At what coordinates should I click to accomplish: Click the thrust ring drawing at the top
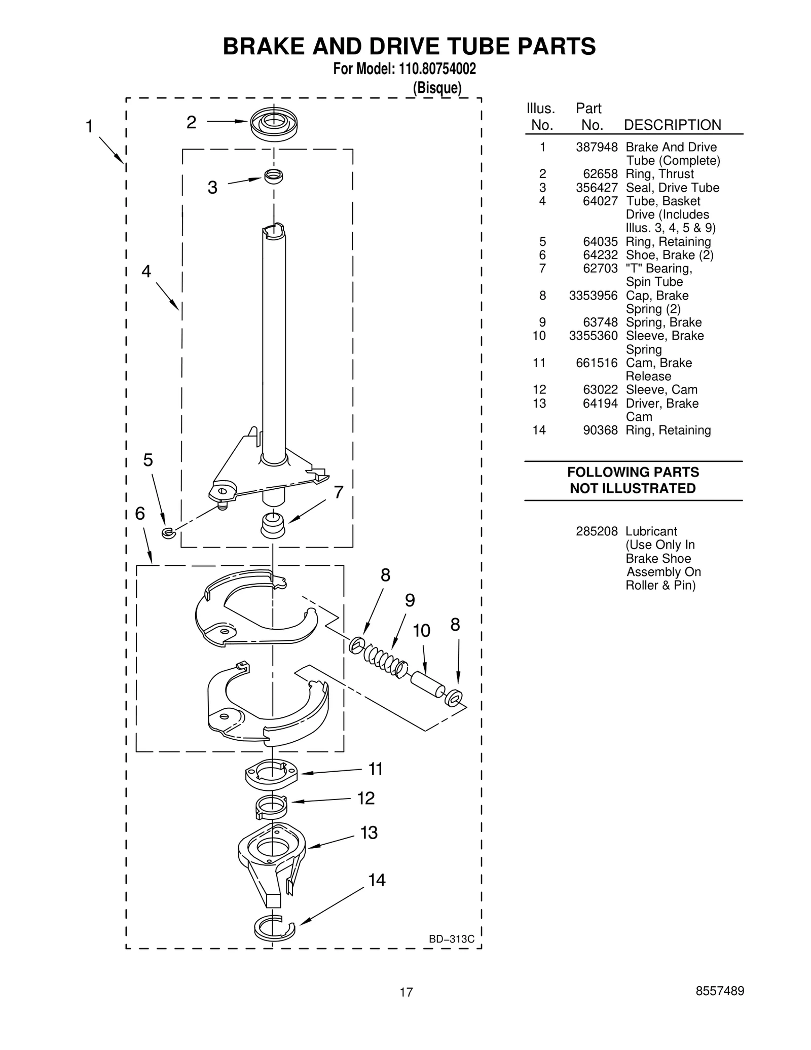point(274,123)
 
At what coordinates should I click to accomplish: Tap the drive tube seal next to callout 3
point(273,176)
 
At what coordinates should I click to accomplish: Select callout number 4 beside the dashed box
point(146,272)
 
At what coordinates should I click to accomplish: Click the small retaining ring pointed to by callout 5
point(168,532)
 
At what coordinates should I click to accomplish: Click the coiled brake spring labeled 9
point(385,661)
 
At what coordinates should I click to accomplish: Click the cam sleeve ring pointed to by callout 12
point(271,806)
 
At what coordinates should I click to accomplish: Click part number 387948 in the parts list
point(596,147)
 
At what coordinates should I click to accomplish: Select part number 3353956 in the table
point(593,296)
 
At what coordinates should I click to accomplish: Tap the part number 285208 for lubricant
point(596,531)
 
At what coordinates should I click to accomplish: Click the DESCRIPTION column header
point(672,125)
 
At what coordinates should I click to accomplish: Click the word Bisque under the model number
point(437,88)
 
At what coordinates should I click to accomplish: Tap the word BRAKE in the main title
point(264,47)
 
